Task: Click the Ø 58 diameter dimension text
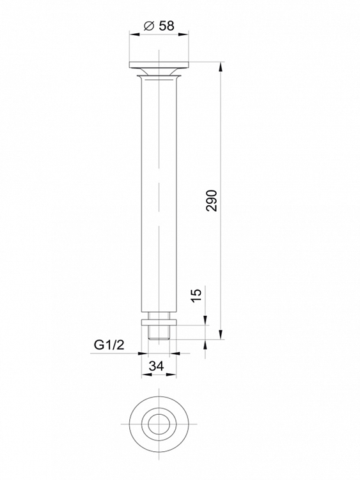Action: tap(159, 26)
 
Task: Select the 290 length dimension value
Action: tap(212, 201)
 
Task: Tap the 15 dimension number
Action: tap(196, 295)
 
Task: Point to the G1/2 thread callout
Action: tap(109, 345)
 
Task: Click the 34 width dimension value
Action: tap(157, 366)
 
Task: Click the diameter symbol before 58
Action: tap(148, 26)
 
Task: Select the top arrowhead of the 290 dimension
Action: tap(220, 66)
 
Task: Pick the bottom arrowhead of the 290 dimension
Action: tap(220, 334)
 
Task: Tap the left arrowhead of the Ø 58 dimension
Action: tap(134, 35)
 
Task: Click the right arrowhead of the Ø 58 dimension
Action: tap(184, 35)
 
